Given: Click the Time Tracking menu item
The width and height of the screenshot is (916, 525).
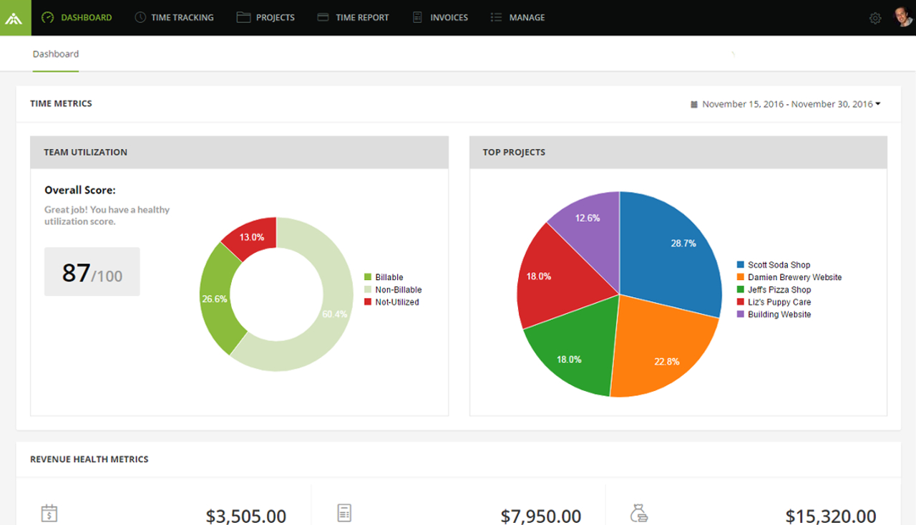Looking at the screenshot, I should click(x=174, y=18).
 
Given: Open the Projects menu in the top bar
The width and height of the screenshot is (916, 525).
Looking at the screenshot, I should click(x=265, y=18).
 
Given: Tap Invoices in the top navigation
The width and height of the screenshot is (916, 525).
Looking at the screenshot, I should click(x=440, y=18).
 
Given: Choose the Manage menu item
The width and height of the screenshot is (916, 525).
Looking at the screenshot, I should click(x=517, y=18).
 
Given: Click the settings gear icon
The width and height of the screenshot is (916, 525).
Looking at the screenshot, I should click(x=875, y=19).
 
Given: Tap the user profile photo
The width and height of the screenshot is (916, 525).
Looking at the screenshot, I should click(x=903, y=17).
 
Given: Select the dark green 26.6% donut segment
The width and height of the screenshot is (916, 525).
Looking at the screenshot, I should click(x=215, y=299).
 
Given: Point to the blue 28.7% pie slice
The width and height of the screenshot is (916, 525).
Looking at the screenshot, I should click(x=673, y=247).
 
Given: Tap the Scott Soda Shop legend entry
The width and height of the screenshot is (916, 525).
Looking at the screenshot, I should click(x=779, y=265).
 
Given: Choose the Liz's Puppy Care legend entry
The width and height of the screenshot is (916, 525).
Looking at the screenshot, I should click(x=779, y=302).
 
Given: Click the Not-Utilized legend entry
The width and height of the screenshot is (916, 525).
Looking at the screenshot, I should click(x=396, y=302).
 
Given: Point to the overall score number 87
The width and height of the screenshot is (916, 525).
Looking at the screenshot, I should click(x=77, y=273).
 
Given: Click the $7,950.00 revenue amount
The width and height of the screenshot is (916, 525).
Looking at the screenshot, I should click(x=540, y=516).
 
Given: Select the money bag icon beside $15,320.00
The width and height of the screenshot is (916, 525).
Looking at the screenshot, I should click(x=639, y=514).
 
